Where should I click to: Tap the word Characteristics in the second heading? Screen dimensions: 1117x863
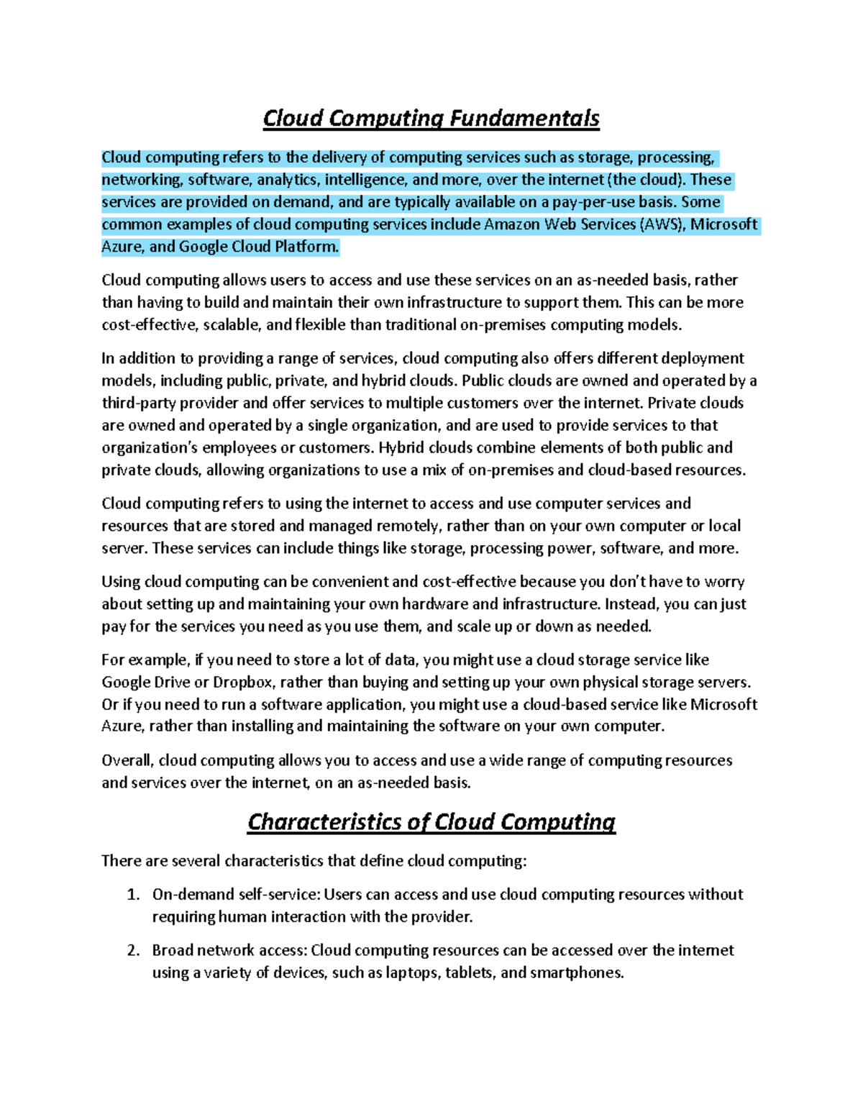[x=324, y=822]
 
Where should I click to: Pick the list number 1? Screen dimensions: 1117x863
[x=132, y=895]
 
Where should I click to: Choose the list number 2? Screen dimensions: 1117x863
[x=132, y=951]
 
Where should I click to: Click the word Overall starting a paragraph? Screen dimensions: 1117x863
[x=127, y=761]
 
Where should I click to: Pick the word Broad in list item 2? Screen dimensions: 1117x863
[x=173, y=951]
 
